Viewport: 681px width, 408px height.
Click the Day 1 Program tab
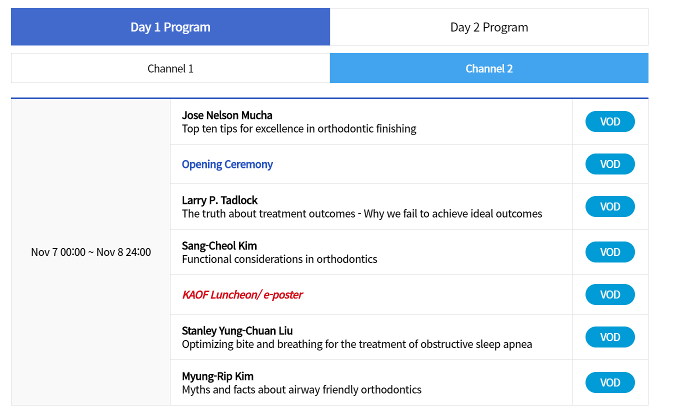pyautogui.click(x=170, y=27)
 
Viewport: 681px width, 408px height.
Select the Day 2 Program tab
pyautogui.click(x=489, y=27)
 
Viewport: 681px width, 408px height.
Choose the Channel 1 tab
pyautogui.click(x=170, y=68)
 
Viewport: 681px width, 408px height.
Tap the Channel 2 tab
pyautogui.click(x=489, y=68)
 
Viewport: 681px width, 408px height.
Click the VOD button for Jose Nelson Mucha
pyautogui.click(x=610, y=121)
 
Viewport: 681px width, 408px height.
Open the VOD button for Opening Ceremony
pyautogui.click(x=610, y=164)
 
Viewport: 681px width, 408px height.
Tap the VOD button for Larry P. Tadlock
pyautogui.click(x=610, y=206)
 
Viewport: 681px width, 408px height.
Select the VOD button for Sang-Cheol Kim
pyautogui.click(x=610, y=252)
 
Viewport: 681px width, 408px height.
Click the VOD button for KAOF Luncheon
pyautogui.click(x=610, y=294)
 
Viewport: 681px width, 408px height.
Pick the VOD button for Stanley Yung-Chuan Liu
pyautogui.click(x=610, y=337)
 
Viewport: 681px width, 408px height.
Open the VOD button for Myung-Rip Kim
pyautogui.click(x=610, y=382)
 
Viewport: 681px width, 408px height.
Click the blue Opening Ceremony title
pyautogui.click(x=227, y=164)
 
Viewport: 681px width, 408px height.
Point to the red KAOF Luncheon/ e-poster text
pyautogui.click(x=242, y=295)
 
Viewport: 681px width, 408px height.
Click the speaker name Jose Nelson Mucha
pyautogui.click(x=227, y=115)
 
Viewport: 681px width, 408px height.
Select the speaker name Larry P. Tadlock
pyautogui.click(x=219, y=200)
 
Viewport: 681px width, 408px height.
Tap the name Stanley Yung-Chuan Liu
pyautogui.click(x=237, y=331)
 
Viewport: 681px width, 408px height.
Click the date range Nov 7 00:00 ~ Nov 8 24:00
pyautogui.click(x=91, y=252)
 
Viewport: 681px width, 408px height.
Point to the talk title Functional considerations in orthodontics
pyautogui.click(x=279, y=259)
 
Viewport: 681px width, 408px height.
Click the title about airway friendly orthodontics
pyautogui.click(x=301, y=390)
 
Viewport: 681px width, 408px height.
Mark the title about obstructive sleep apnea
pyautogui.click(x=357, y=344)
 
